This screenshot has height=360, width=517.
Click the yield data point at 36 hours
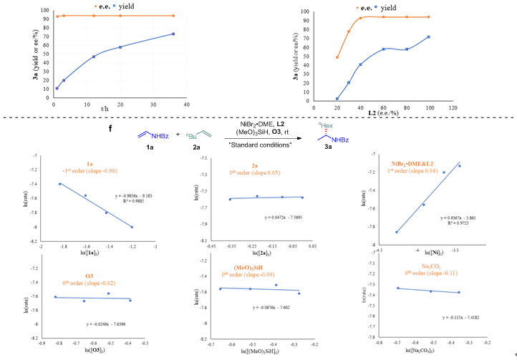(173, 34)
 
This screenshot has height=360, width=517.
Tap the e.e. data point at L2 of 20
(337, 57)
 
